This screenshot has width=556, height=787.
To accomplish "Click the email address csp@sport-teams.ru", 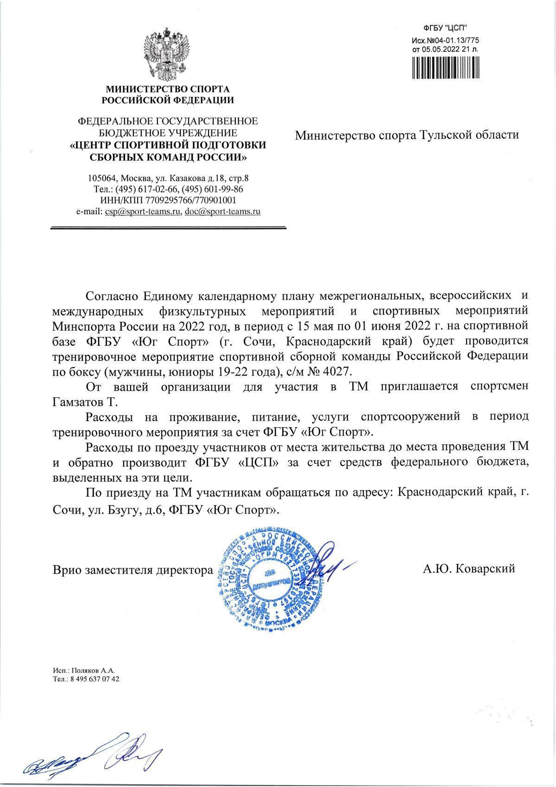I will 143,211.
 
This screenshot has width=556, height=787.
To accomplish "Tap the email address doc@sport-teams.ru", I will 222,211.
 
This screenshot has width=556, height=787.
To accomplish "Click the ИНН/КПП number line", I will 168,200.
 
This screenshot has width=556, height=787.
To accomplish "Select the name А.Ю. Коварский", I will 468,569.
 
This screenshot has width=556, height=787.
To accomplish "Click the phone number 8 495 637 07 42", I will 95,679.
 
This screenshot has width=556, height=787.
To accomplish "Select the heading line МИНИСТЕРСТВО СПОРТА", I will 168,89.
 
